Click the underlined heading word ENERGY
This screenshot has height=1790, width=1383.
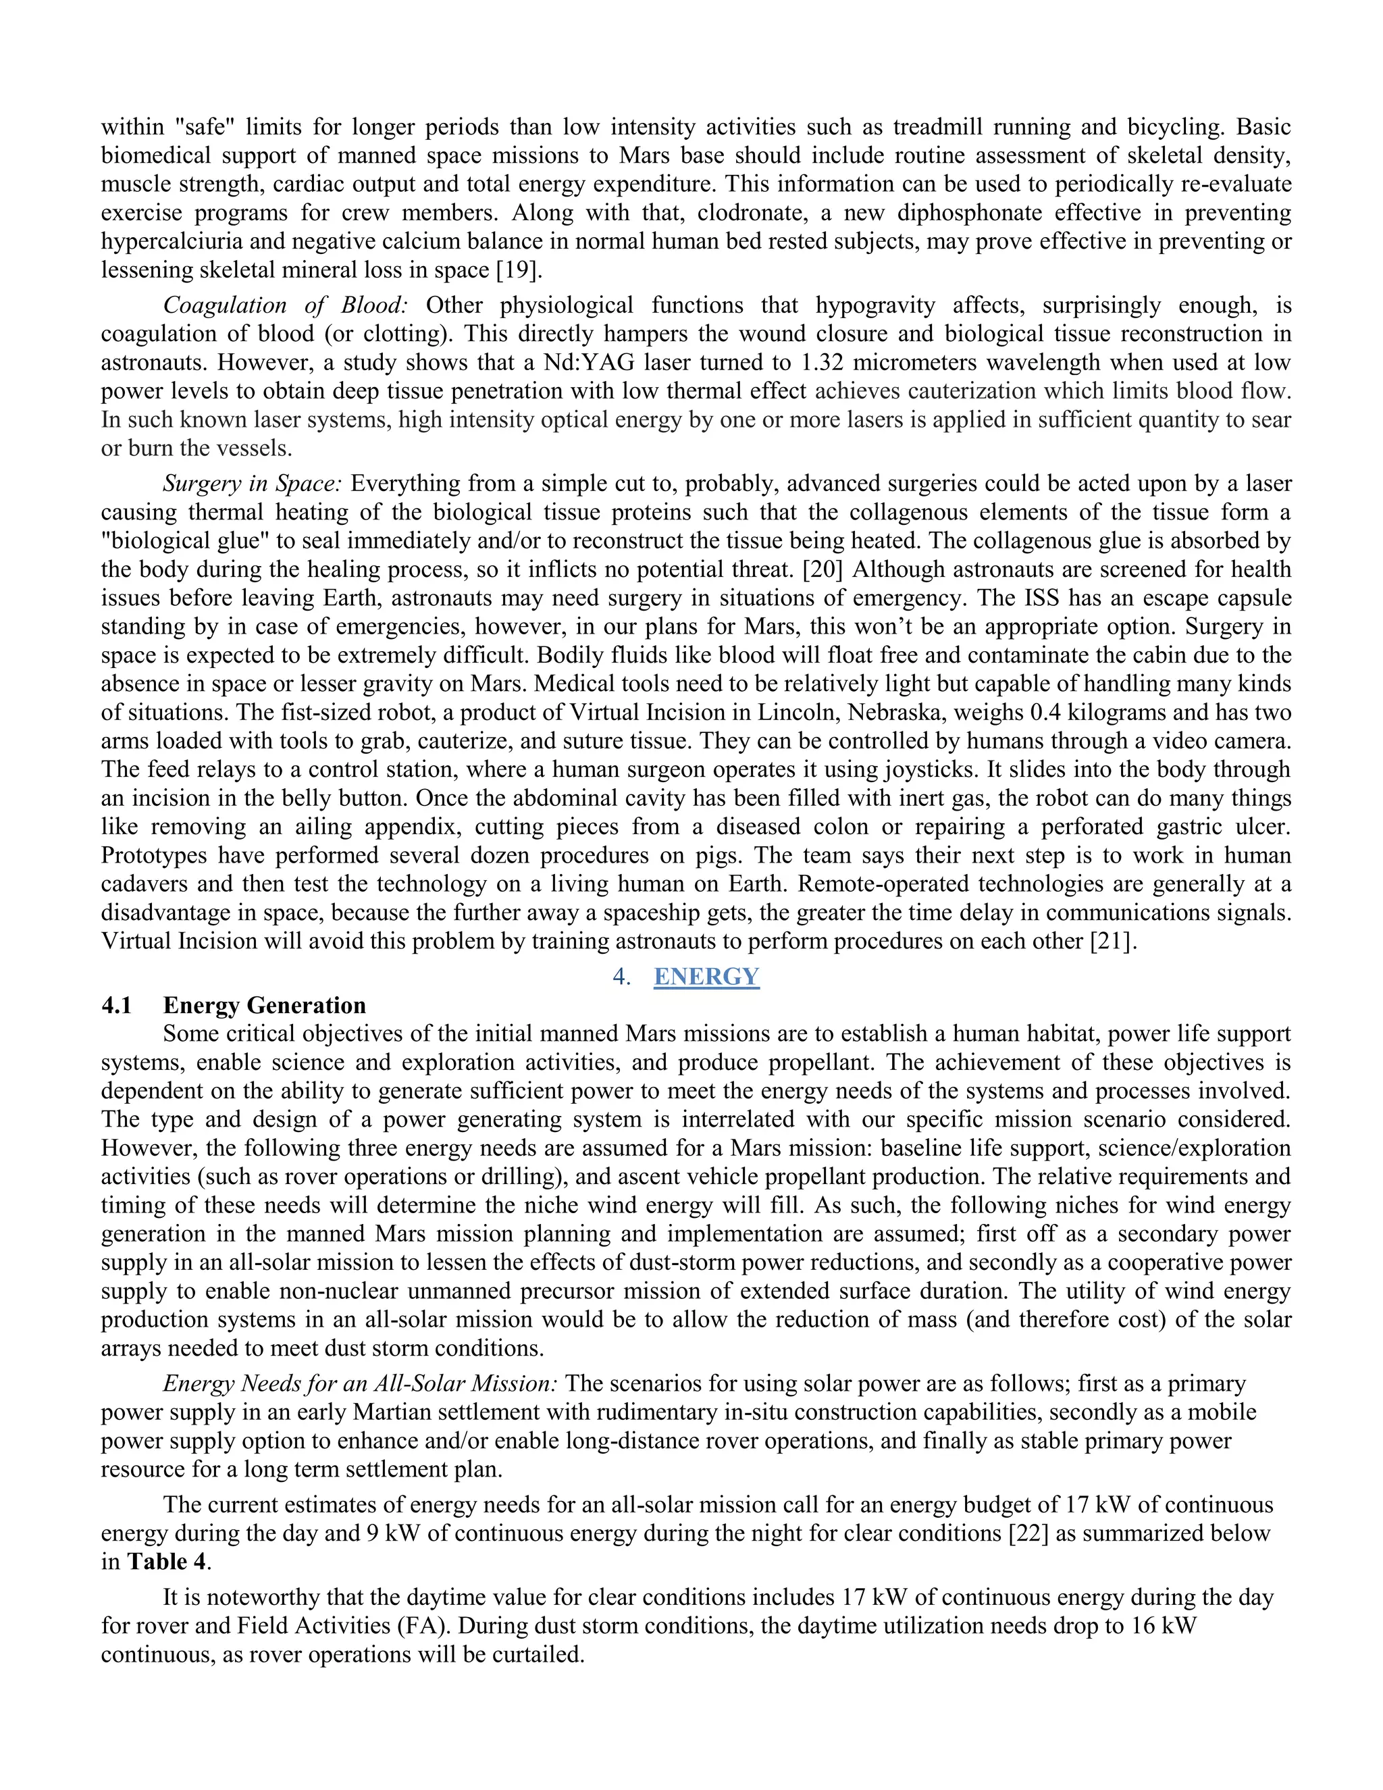pos(706,976)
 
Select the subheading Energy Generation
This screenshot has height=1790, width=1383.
pos(264,1005)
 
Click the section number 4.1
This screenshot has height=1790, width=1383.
pos(116,1005)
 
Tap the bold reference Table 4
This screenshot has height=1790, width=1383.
pos(166,1562)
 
